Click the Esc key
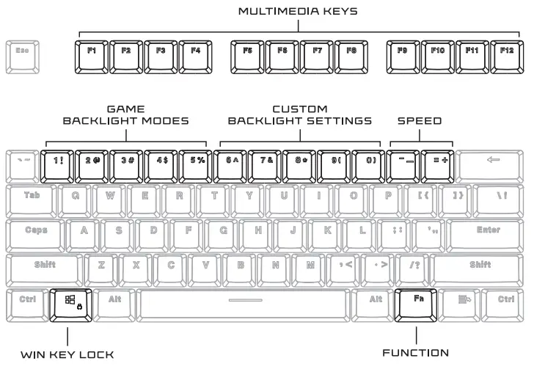click(x=23, y=52)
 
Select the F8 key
click(x=352, y=52)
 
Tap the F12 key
click(x=507, y=52)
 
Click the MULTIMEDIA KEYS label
click(x=299, y=12)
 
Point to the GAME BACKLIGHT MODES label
click(x=125, y=114)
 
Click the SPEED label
click(x=420, y=120)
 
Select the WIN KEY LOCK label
click(x=67, y=354)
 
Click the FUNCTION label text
click(x=416, y=353)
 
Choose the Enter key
click(x=488, y=231)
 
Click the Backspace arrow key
click(x=493, y=161)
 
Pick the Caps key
click(x=36, y=231)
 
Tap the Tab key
click(x=32, y=196)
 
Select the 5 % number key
click(x=196, y=161)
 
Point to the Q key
click(x=75, y=196)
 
